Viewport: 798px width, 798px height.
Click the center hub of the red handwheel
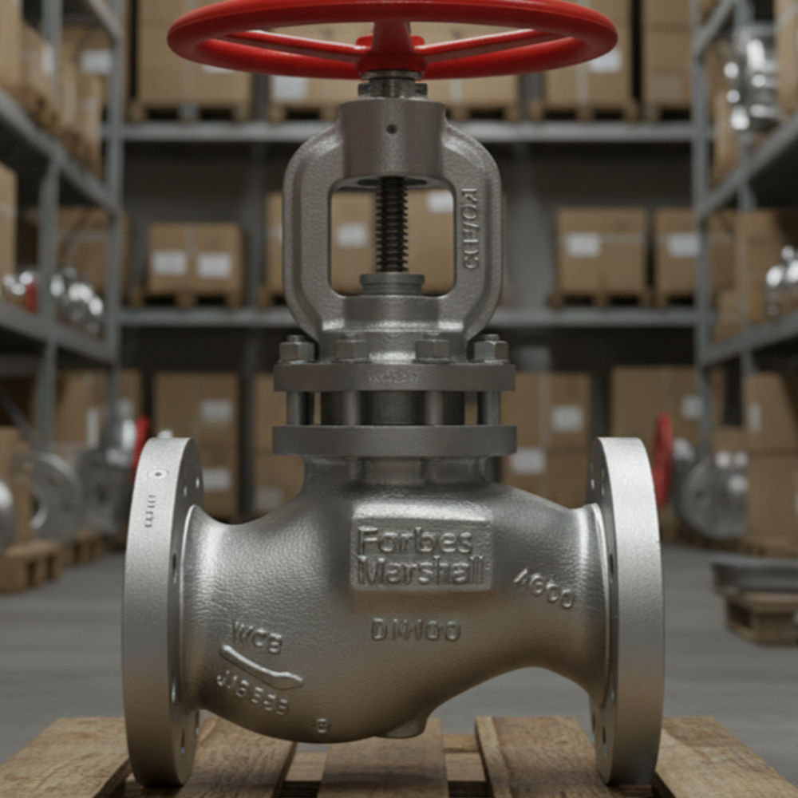392,49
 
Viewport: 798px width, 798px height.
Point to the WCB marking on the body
257,637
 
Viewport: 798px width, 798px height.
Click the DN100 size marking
415,630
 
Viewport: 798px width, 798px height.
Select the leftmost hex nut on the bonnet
296,349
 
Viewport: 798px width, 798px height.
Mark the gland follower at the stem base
391,284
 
